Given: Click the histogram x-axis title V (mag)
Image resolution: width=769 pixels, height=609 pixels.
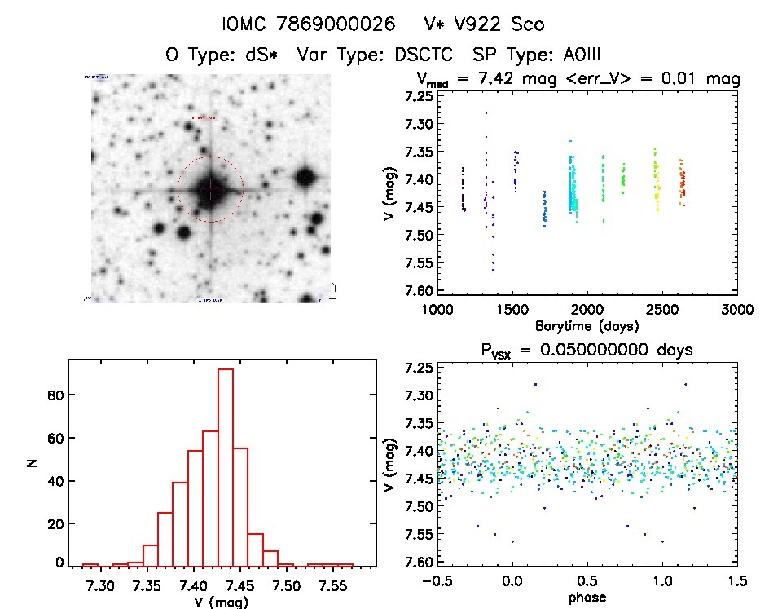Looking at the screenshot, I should coord(218,602).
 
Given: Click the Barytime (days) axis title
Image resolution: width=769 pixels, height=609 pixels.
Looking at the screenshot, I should coord(587,326).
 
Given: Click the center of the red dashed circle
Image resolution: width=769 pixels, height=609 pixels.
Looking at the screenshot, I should coord(210,189).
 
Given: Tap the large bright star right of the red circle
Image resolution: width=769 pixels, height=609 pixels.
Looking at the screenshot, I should coord(305,176).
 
